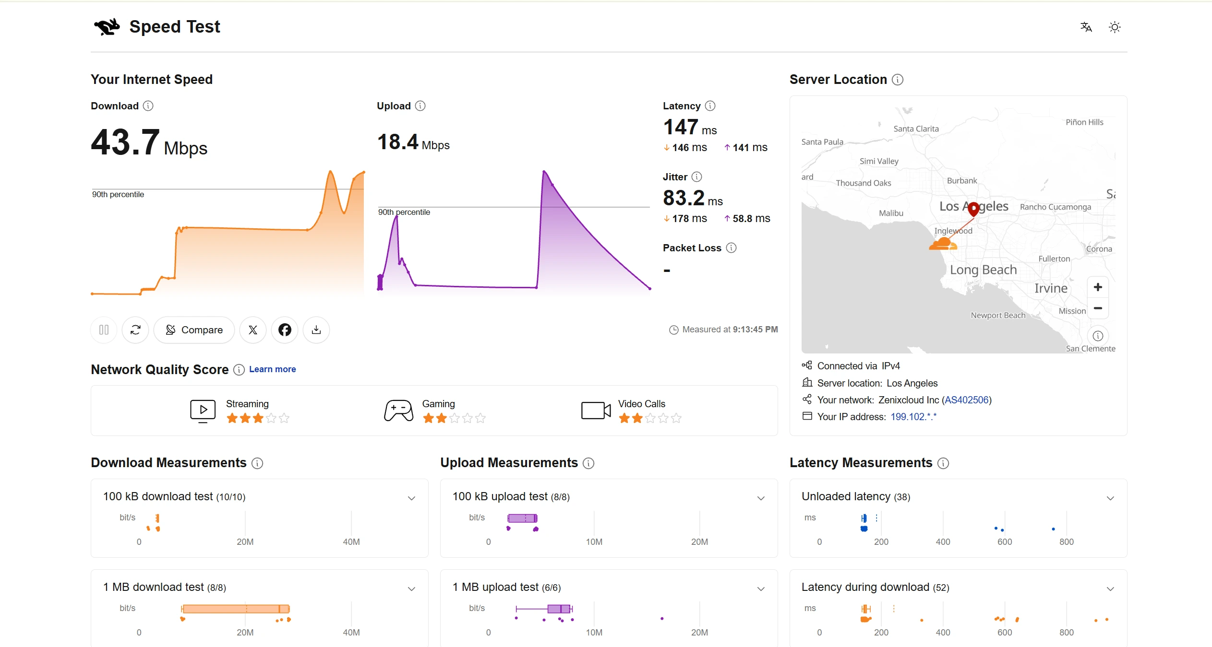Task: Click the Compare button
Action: tap(194, 330)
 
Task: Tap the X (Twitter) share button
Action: tap(253, 330)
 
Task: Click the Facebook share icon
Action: tap(285, 330)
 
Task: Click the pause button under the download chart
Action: tap(104, 330)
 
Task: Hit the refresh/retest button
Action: tap(135, 330)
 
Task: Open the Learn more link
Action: tap(272, 369)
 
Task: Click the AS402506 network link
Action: tap(967, 400)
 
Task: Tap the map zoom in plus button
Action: tap(1098, 287)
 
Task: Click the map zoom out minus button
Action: tap(1098, 308)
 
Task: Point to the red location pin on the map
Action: tap(973, 209)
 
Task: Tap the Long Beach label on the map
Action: tap(984, 270)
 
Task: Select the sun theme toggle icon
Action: tap(1115, 27)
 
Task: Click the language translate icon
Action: tap(1086, 27)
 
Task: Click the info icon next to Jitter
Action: tap(697, 177)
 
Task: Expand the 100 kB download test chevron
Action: tap(411, 498)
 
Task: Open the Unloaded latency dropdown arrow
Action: tap(1110, 498)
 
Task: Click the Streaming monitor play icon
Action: tap(203, 411)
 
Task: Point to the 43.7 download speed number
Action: tap(125, 142)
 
